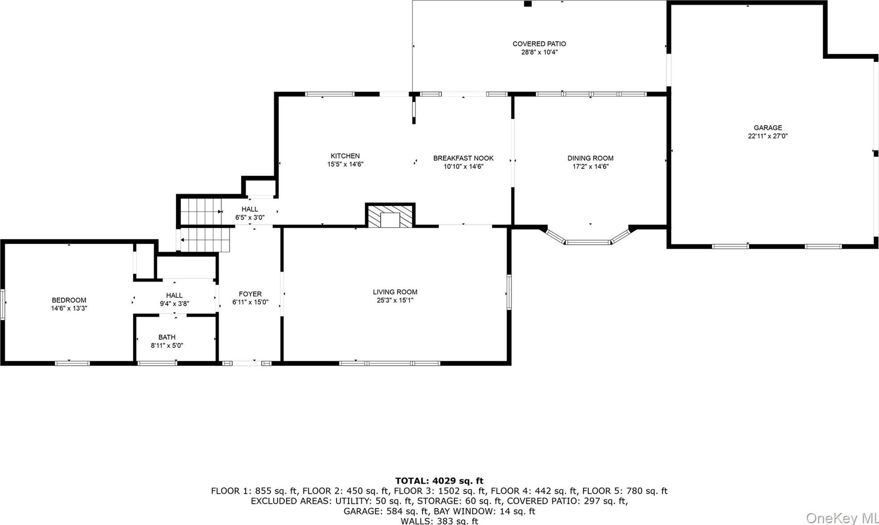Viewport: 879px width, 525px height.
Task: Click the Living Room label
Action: (395, 292)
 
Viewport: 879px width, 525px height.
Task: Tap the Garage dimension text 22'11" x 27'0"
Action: (767, 136)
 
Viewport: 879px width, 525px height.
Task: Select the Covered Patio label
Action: (539, 44)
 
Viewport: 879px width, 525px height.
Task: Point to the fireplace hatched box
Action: (390, 216)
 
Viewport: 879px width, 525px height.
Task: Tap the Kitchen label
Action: (345, 156)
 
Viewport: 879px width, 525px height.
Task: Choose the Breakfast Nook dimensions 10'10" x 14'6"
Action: (463, 167)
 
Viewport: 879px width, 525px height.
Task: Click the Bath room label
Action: (167, 337)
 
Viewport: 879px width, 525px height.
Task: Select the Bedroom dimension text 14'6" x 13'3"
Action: (69, 308)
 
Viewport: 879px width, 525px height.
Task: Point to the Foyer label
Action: (250, 294)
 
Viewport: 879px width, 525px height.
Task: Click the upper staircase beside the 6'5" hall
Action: (201, 212)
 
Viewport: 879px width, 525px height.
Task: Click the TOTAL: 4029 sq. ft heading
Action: (439, 481)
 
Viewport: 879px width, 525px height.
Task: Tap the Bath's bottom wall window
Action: (157, 363)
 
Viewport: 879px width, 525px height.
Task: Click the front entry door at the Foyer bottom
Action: (247, 363)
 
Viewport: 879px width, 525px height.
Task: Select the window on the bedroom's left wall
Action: (3, 304)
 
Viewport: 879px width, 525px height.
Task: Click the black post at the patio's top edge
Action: (528, 4)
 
